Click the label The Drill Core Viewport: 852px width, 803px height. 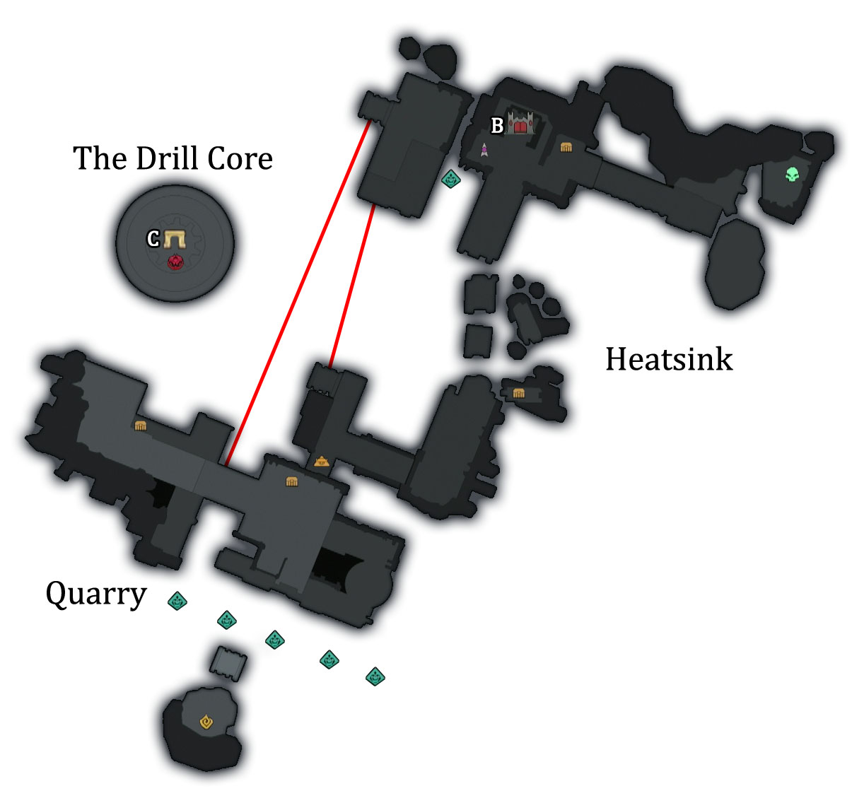[173, 158]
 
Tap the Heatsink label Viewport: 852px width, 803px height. [669, 359]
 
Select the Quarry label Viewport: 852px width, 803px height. [95, 594]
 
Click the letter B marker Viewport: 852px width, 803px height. [497, 126]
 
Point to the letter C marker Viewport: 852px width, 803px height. [153, 239]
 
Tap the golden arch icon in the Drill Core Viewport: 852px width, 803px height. [174, 239]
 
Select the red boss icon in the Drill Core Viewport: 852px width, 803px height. [175, 262]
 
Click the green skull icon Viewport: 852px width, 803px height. [792, 174]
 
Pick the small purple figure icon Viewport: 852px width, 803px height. [484, 149]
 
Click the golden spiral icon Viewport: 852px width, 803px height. [206, 722]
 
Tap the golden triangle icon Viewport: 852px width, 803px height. [322, 462]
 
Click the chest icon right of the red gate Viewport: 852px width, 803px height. [566, 147]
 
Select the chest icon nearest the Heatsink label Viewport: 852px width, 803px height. [519, 393]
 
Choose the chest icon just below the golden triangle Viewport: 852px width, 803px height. [291, 481]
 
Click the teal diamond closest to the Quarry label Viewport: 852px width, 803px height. [177, 601]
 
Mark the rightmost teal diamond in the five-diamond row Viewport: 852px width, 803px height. [375, 676]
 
